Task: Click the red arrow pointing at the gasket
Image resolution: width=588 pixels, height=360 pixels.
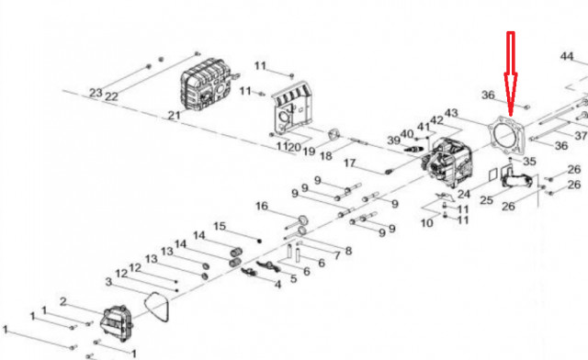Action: [511, 73]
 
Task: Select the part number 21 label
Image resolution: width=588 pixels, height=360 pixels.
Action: [174, 115]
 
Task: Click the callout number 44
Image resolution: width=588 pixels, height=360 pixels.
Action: [567, 57]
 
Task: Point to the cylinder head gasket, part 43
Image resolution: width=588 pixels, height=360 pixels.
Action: [507, 136]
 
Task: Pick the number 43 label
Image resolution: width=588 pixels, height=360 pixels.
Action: [451, 113]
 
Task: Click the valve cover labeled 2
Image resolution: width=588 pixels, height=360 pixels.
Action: [117, 323]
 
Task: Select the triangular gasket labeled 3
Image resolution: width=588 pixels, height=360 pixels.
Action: [157, 307]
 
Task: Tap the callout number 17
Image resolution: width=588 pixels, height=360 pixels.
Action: [349, 163]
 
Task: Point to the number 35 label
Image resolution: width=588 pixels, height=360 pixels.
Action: [529, 162]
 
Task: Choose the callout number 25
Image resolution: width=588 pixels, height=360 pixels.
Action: [486, 200]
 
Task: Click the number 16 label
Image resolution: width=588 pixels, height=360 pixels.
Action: [262, 206]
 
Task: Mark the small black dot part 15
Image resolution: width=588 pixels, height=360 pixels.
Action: [259, 241]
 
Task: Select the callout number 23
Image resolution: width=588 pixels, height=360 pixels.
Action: [96, 92]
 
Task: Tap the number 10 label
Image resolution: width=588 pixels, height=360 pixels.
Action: [426, 223]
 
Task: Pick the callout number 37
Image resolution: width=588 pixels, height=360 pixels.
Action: [581, 135]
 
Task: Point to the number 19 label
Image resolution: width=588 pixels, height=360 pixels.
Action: [309, 152]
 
